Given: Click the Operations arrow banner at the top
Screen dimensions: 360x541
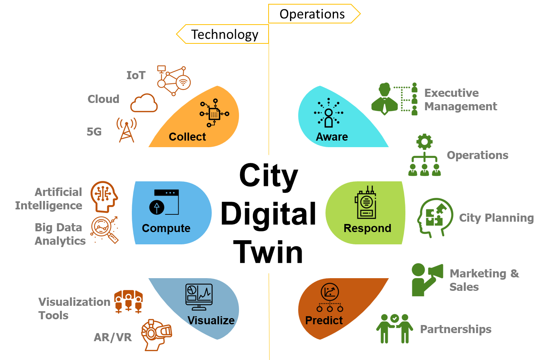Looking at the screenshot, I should point(312,14).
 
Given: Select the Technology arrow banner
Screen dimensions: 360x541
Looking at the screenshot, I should point(224,34).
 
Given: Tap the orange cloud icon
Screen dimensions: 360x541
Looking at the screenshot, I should point(144,103).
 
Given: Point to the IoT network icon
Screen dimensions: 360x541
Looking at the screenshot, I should point(174,81).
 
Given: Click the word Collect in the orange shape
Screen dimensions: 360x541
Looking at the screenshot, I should point(187,137).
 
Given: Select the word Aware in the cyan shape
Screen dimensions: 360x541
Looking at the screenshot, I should point(332,137).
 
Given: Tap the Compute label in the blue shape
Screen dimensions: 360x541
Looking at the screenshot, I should point(166,228).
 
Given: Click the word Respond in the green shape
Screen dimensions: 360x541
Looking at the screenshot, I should point(367,228).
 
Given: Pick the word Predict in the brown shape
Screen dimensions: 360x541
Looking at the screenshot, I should point(324,320).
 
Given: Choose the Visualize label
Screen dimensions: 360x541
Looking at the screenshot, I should point(211,320).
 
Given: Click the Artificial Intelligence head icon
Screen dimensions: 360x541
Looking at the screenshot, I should point(104,196).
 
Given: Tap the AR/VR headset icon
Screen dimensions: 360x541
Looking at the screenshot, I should point(156,334).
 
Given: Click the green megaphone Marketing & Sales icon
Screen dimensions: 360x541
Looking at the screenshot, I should point(426,279).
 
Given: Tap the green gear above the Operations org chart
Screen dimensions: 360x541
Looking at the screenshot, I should point(425,142).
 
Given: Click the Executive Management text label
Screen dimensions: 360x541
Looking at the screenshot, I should point(460,100).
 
